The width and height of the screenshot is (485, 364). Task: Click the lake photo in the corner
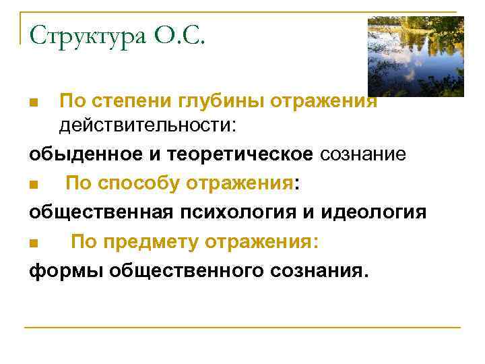416,57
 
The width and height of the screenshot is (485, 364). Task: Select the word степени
130,102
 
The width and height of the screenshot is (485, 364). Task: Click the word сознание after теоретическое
363,154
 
